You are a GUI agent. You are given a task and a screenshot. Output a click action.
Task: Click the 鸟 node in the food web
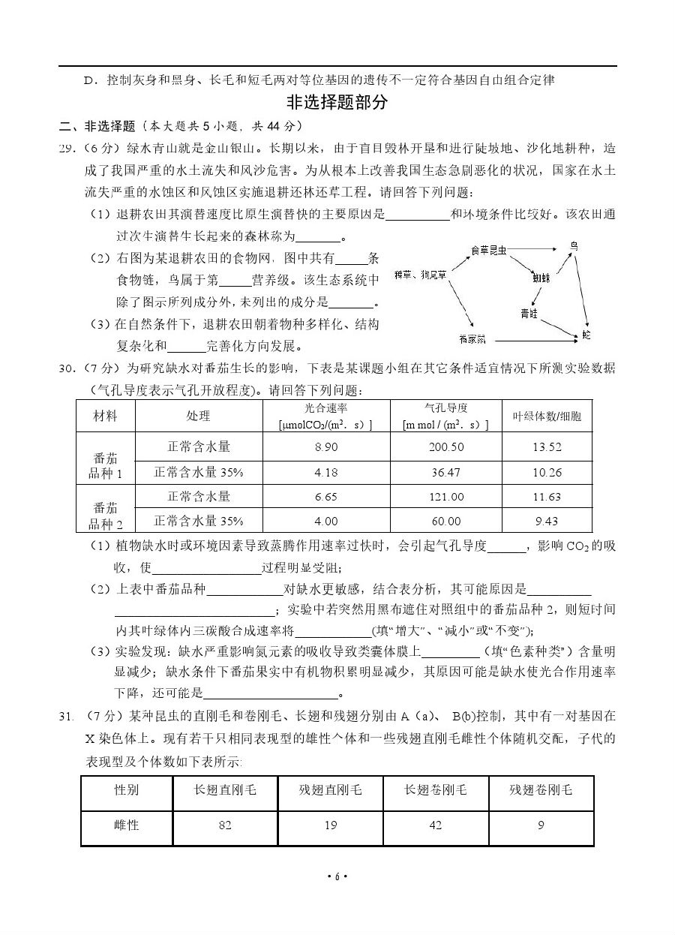point(574,246)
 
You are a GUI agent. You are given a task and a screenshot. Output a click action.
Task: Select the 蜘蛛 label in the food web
point(541,278)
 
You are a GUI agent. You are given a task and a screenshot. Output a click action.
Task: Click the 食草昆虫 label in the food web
point(488,248)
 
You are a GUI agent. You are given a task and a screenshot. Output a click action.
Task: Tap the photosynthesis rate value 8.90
point(326,446)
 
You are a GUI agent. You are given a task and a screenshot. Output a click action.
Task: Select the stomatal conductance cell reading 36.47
point(445,472)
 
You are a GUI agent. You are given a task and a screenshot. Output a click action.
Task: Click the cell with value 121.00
point(445,497)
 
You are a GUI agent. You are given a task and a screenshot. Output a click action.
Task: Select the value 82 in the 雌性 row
point(225,825)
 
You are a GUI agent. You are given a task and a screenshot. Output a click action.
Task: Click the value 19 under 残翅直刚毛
point(330,825)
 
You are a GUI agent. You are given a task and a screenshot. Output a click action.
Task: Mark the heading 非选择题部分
point(337,102)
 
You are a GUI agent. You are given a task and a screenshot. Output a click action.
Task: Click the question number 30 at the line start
point(67,368)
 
